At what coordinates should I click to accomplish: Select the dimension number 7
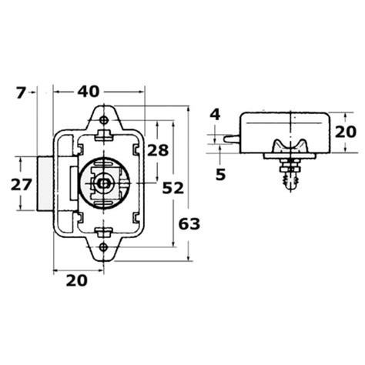(21, 93)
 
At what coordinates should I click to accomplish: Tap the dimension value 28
(157, 151)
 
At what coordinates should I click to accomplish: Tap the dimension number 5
(220, 174)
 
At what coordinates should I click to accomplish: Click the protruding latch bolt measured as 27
(44, 184)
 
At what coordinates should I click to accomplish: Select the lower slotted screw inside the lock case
(105, 230)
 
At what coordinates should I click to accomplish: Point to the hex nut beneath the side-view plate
(290, 166)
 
